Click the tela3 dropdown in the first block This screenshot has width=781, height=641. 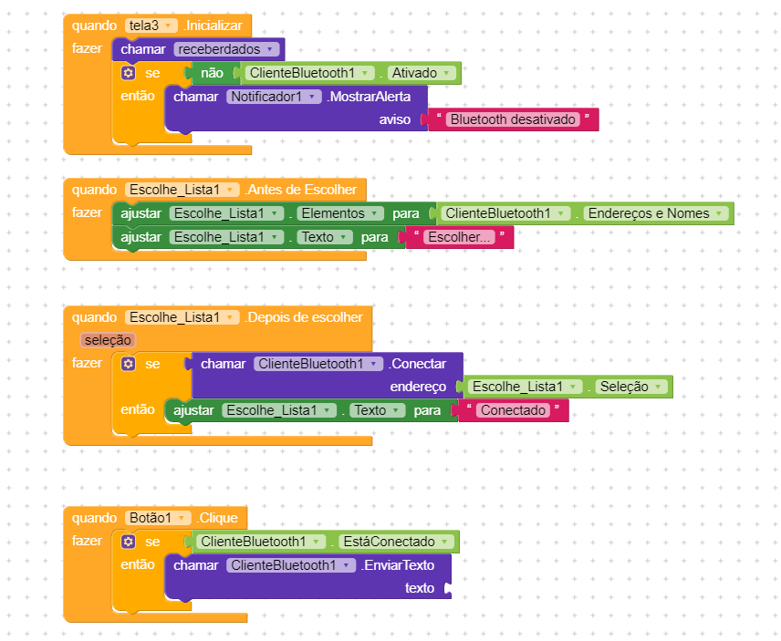pyautogui.click(x=151, y=26)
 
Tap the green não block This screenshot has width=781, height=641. pyautogui.click(x=211, y=73)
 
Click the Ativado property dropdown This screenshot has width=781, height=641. pyautogui.click(x=421, y=73)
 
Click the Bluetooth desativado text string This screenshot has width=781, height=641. pyautogui.click(x=513, y=119)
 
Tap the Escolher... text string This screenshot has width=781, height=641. pyautogui.click(x=460, y=237)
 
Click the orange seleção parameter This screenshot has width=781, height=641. pyautogui.click(x=109, y=340)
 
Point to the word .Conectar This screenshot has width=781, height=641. pyautogui.click(x=419, y=364)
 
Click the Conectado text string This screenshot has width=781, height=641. pyautogui.click(x=512, y=410)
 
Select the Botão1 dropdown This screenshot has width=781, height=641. pyautogui.click(x=157, y=518)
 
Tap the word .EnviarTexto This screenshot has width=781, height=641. pyautogui.click(x=398, y=565)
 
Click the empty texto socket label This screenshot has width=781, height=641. pyautogui.click(x=420, y=588)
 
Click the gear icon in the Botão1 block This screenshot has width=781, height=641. pyautogui.click(x=129, y=542)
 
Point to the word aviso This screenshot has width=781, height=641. pyautogui.click(x=395, y=119)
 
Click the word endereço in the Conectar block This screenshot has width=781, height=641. pyautogui.click(x=418, y=387)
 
